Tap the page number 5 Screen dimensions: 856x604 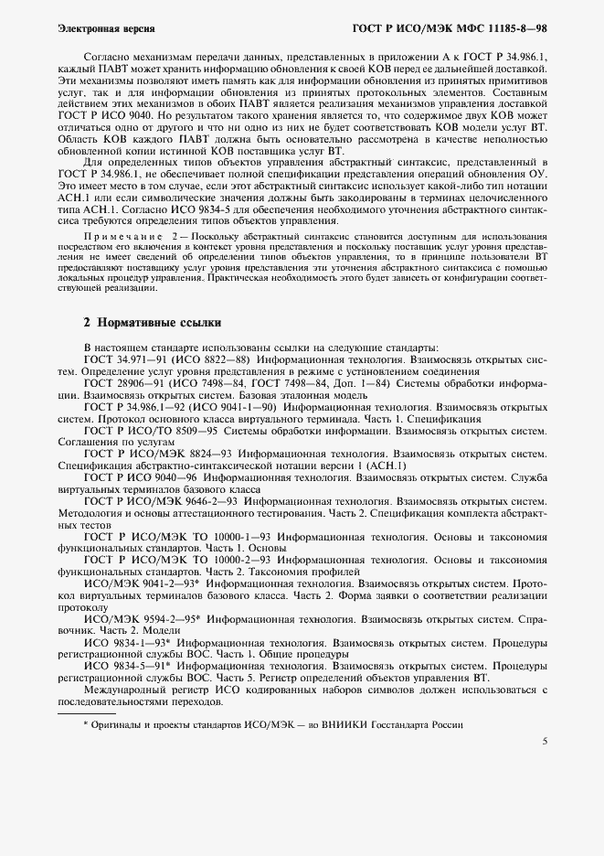point(545,741)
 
